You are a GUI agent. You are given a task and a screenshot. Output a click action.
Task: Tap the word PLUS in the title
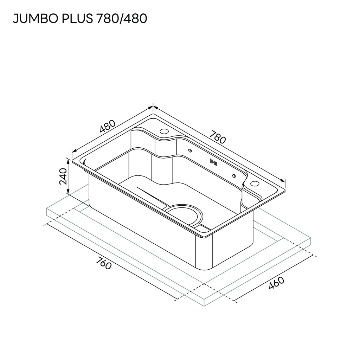(x=77, y=19)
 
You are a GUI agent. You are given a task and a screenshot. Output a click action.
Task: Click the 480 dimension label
(x=108, y=126)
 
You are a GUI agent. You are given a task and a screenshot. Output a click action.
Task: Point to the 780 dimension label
(x=218, y=137)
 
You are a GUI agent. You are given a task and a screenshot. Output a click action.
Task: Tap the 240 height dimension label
(x=63, y=176)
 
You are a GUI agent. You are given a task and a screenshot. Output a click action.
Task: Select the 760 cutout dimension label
(x=104, y=263)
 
